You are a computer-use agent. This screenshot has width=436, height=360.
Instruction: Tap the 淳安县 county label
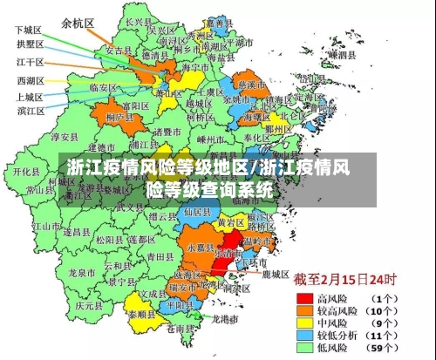(x=65, y=137)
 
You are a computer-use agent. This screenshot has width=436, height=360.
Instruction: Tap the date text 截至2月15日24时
(x=344, y=280)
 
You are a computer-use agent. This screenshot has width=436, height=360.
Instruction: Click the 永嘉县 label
(x=200, y=248)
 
